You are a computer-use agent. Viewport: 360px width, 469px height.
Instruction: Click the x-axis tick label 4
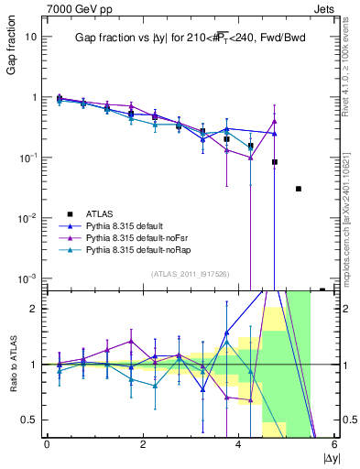(x=238, y=444)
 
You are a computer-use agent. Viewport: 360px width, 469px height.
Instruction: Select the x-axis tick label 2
(x=143, y=444)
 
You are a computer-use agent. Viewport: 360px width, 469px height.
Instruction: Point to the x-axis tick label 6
(x=333, y=444)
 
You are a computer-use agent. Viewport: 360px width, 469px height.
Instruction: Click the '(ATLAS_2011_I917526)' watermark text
(x=188, y=273)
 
